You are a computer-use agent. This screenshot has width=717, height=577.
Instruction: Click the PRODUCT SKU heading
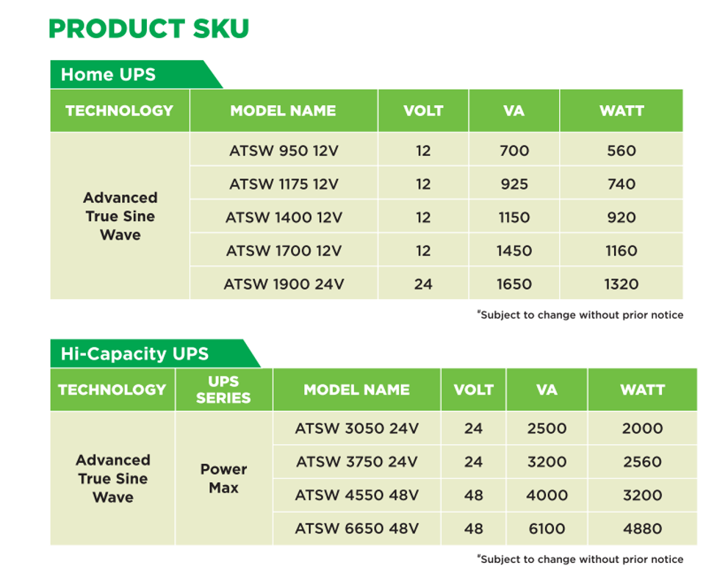148,29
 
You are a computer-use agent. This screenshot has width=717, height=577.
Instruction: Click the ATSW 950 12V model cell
284,151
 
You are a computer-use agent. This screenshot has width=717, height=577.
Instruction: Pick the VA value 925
514,184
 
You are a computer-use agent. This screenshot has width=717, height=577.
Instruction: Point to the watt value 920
621,218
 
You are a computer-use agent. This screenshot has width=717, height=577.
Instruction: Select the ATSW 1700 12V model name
284,251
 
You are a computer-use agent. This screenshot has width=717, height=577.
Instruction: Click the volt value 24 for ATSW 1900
423,284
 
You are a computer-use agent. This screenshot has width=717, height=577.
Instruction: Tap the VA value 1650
514,284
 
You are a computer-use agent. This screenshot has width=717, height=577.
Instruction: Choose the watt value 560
621,151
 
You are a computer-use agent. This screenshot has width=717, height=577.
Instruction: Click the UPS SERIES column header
223,390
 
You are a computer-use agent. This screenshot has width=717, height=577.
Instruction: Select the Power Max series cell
223,479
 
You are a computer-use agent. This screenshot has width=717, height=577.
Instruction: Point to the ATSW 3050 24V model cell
357,429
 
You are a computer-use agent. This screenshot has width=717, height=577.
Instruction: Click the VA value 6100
547,528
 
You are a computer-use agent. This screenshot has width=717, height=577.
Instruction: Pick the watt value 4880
643,528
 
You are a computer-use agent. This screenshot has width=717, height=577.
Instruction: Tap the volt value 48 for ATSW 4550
473,495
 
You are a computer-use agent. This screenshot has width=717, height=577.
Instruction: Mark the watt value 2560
643,462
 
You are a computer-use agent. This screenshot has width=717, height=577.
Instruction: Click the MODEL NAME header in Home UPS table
283,111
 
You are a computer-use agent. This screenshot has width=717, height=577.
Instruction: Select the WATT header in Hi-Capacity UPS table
643,390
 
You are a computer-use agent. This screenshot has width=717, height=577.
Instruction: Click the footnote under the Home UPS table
580,315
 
